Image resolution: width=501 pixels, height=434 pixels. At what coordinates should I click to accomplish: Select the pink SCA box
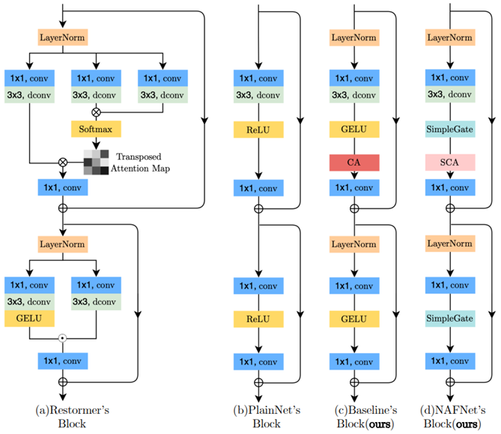coord(449,163)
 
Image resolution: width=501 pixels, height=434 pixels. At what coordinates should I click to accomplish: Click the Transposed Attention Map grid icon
coord(96,160)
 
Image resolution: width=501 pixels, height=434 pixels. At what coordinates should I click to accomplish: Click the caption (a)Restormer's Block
coord(60,416)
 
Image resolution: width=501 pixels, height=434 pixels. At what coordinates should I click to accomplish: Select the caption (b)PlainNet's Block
coord(258,416)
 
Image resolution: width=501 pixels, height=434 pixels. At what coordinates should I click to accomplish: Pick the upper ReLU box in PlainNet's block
coord(258,130)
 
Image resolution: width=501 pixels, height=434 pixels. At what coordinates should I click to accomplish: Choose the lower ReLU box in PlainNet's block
coord(258,319)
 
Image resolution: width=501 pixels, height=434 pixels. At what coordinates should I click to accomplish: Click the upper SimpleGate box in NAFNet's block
coord(449,130)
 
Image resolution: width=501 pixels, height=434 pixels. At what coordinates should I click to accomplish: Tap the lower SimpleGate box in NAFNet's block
coord(449,319)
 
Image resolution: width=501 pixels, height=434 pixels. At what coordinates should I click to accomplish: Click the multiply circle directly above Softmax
coord(96,111)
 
